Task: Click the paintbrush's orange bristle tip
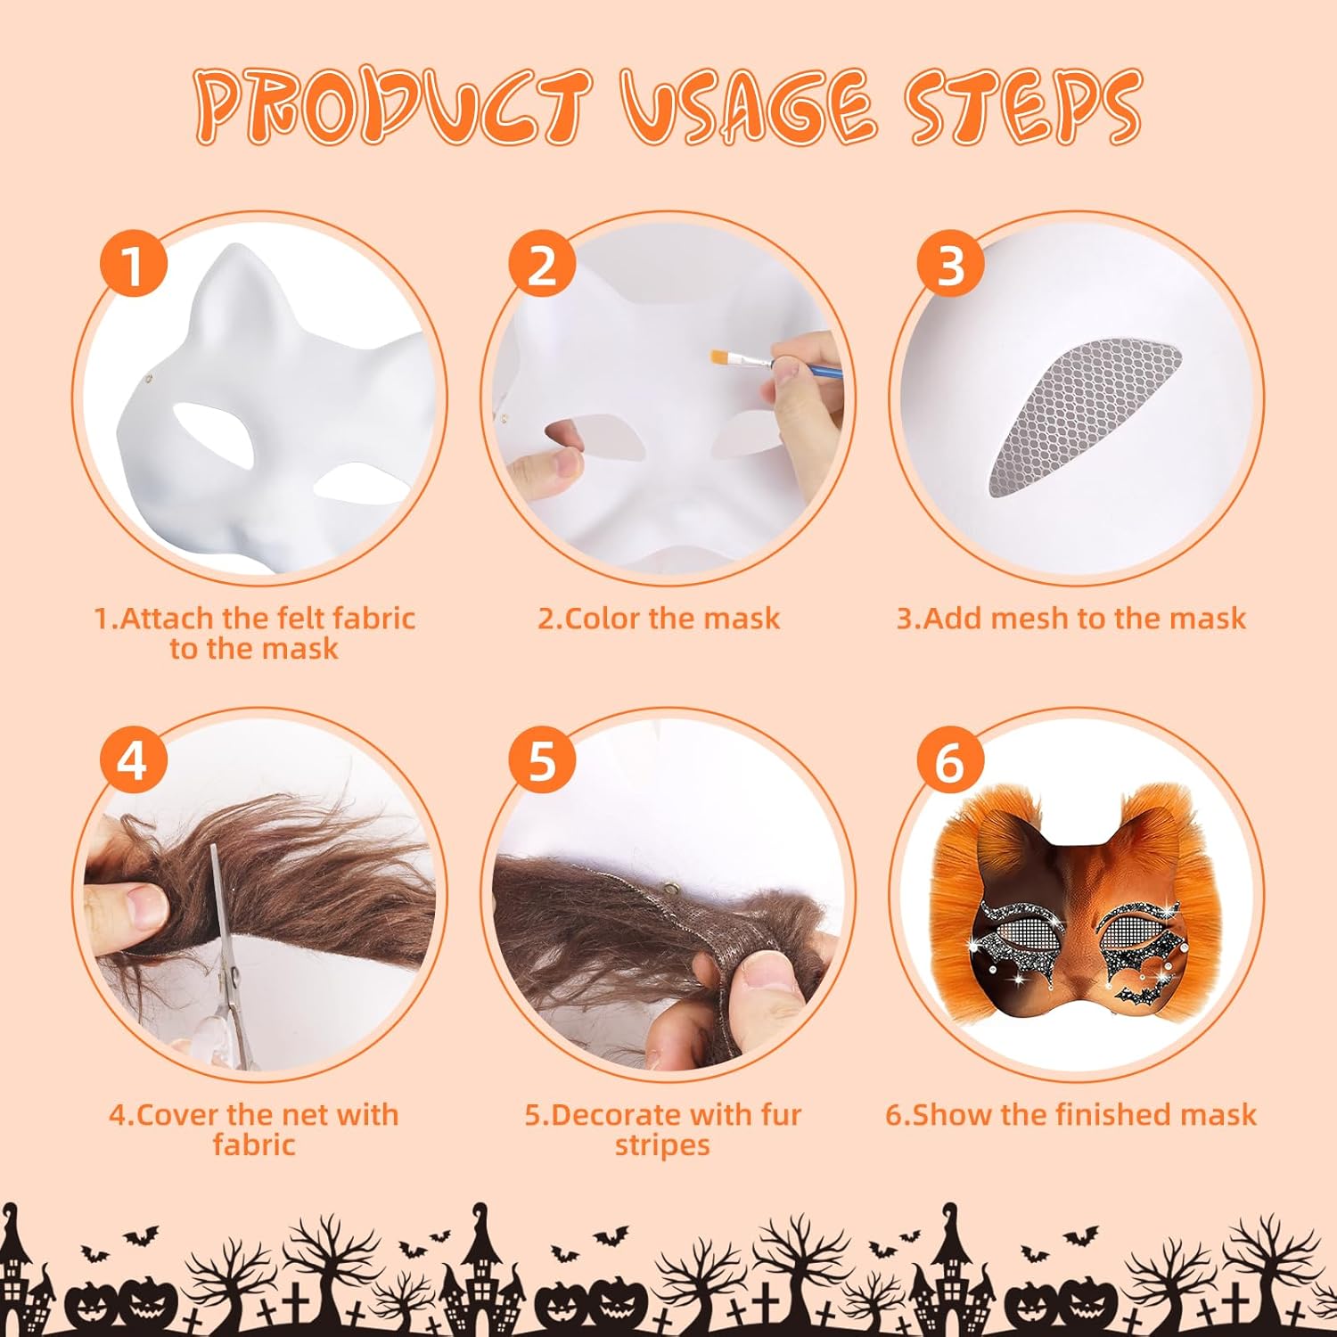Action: point(718,358)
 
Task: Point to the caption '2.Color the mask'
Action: point(659,618)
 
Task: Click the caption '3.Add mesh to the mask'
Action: point(1070,618)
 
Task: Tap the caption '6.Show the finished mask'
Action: point(1070,1114)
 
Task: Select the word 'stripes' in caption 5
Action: point(662,1145)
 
